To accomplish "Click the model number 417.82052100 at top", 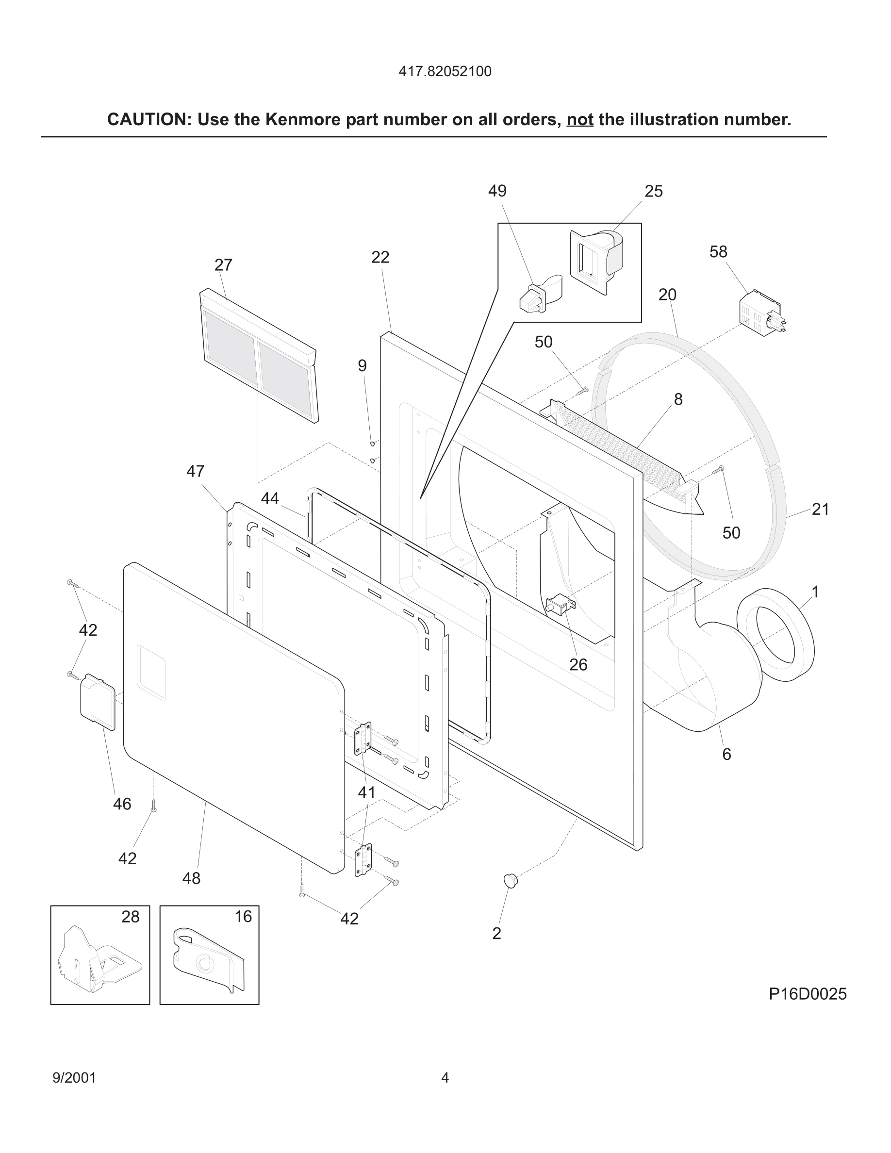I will click(x=445, y=72).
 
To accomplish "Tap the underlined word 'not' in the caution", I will click(x=579, y=120).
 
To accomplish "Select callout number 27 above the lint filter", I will click(x=223, y=265).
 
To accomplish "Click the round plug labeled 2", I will click(x=510, y=880).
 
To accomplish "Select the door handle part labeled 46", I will click(x=98, y=702).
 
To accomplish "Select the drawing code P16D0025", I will click(x=807, y=994).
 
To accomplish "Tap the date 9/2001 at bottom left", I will click(x=74, y=1077).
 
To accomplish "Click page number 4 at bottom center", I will click(x=445, y=1077).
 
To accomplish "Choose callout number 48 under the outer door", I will click(x=191, y=878).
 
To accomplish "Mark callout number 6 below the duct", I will click(x=726, y=755).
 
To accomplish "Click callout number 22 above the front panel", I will click(x=380, y=258).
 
